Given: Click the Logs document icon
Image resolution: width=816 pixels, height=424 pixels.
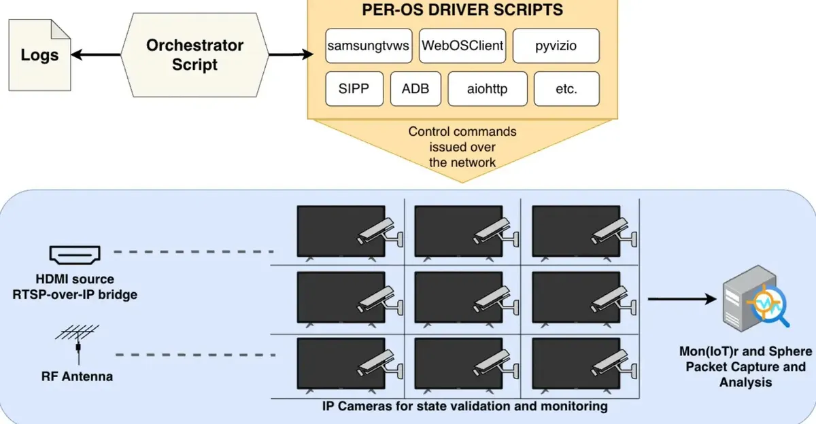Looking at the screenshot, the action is (39, 55).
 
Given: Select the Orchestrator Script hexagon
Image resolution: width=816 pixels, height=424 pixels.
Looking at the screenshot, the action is (195, 55).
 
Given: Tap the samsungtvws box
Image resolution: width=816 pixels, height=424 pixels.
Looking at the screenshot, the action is (369, 46).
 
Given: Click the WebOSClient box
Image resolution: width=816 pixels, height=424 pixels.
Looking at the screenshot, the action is (462, 46).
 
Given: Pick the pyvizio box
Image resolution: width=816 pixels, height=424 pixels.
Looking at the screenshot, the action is (556, 46).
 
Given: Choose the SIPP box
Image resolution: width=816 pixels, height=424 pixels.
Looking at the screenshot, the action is (354, 89).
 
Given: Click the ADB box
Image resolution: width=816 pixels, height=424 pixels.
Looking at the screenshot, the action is (415, 89).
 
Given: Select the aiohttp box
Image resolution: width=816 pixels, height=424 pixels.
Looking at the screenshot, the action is (488, 89).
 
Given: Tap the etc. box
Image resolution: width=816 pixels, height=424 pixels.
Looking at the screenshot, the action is (566, 89).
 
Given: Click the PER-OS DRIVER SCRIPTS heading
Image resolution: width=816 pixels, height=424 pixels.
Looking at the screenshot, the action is (462, 10).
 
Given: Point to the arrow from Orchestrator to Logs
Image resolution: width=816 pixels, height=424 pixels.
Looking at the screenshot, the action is (96, 55).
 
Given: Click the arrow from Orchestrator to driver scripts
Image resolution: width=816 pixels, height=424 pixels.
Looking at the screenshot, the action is (291, 54).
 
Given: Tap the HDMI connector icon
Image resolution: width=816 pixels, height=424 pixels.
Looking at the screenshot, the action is (75, 255).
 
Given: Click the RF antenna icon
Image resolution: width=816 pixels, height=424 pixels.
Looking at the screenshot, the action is (78, 344).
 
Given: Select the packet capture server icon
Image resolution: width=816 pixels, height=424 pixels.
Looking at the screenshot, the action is (756, 298).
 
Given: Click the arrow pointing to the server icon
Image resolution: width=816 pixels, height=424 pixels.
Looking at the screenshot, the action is (682, 299).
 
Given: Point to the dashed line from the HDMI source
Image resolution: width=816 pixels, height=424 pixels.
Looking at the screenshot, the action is (193, 251).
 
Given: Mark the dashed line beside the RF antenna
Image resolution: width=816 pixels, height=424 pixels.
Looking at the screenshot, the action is (195, 355).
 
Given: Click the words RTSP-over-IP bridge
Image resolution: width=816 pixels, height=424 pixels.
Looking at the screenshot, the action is (75, 294).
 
